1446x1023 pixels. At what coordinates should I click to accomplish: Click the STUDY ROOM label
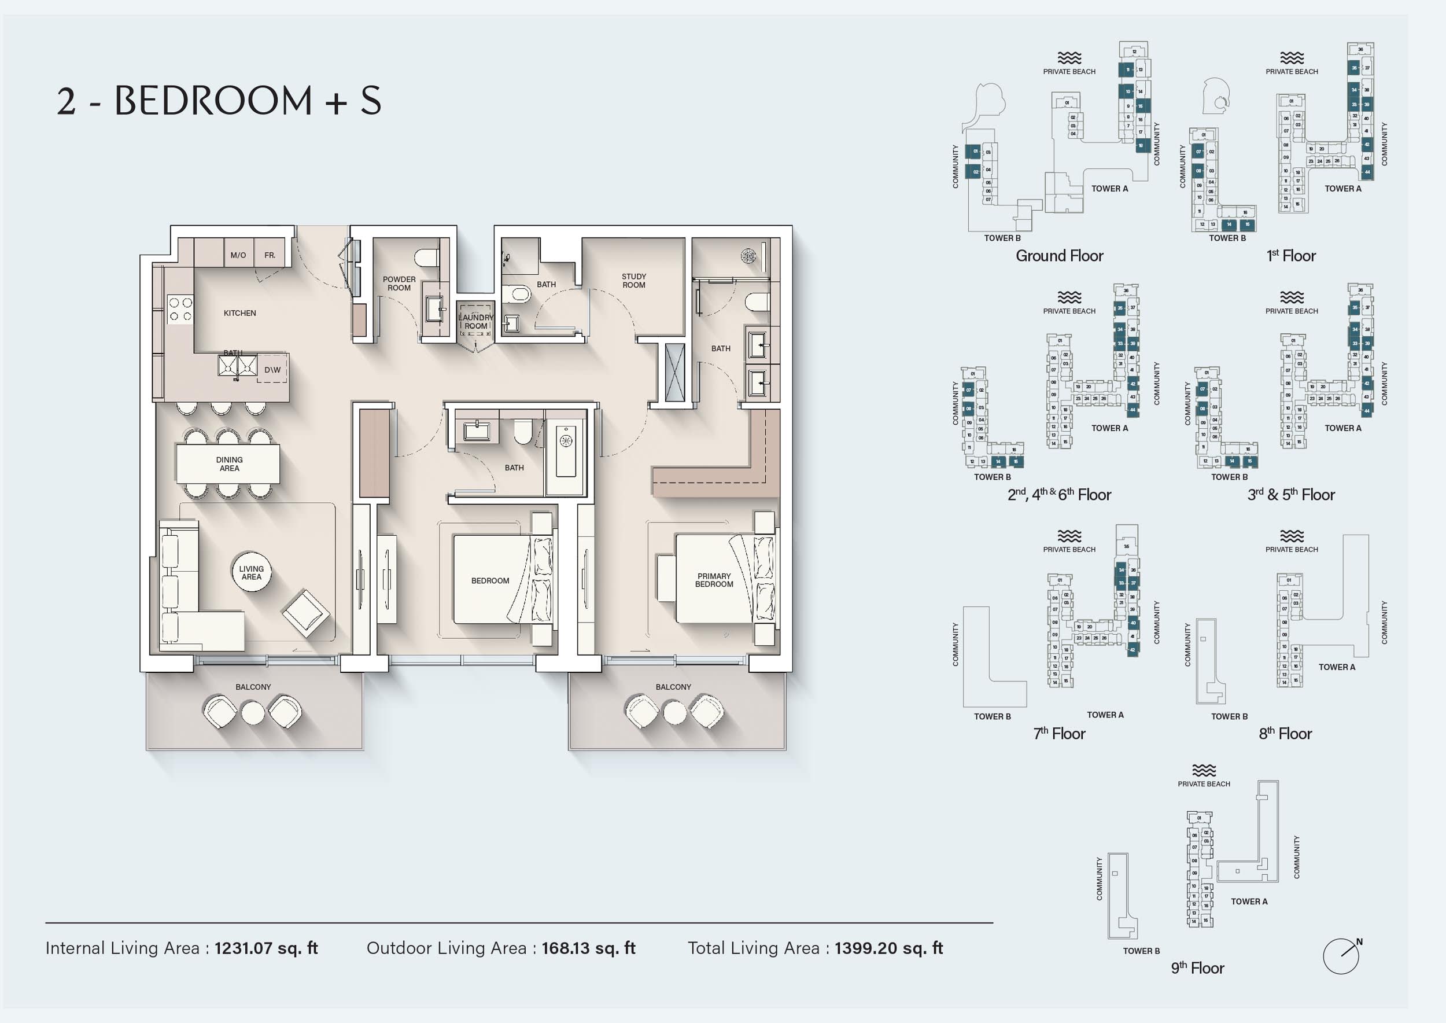pyautogui.click(x=633, y=281)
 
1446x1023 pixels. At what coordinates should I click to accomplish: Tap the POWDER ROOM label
pyautogui.click(x=399, y=284)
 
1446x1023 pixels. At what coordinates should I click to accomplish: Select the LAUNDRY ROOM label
pyautogui.click(x=476, y=321)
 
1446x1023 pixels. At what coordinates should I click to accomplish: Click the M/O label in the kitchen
pyautogui.click(x=238, y=255)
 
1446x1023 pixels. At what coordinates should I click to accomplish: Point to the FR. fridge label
pyautogui.click(x=270, y=255)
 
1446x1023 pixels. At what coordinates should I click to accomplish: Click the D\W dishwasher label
pyautogui.click(x=272, y=370)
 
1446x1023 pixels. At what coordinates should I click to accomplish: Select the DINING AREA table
pyautogui.click(x=228, y=463)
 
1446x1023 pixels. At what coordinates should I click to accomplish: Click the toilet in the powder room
pyautogui.click(x=427, y=257)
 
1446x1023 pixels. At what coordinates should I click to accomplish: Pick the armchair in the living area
pyautogui.click(x=305, y=613)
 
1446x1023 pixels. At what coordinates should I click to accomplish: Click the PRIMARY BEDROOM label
pyautogui.click(x=714, y=580)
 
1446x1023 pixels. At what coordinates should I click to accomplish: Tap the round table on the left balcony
pyautogui.click(x=253, y=713)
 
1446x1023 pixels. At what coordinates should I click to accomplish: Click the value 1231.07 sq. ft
pyautogui.click(x=265, y=948)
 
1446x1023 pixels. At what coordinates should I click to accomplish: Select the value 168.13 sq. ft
pyautogui.click(x=588, y=948)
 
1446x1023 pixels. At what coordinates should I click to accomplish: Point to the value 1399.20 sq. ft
pyautogui.click(x=888, y=948)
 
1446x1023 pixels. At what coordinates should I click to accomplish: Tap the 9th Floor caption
pyautogui.click(x=1197, y=968)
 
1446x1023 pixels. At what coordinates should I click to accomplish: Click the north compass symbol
pyautogui.click(x=1341, y=956)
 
